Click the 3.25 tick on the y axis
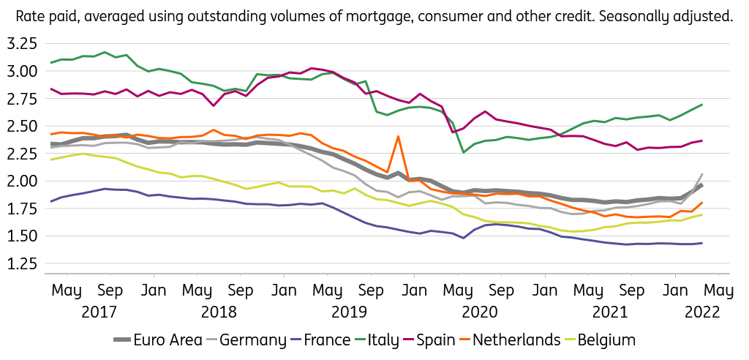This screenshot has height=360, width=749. [21, 44]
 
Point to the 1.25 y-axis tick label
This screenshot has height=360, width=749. [21, 263]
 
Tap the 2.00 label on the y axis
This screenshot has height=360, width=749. [21, 181]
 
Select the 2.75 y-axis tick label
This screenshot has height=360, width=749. [21, 99]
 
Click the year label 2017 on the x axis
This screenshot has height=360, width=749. [99, 312]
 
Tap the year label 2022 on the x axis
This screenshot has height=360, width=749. [702, 312]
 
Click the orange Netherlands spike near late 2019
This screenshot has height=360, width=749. [398, 137]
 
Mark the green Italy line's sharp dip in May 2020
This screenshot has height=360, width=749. [464, 152]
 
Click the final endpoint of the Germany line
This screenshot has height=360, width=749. [702, 174]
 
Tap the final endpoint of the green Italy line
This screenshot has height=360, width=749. [702, 105]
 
